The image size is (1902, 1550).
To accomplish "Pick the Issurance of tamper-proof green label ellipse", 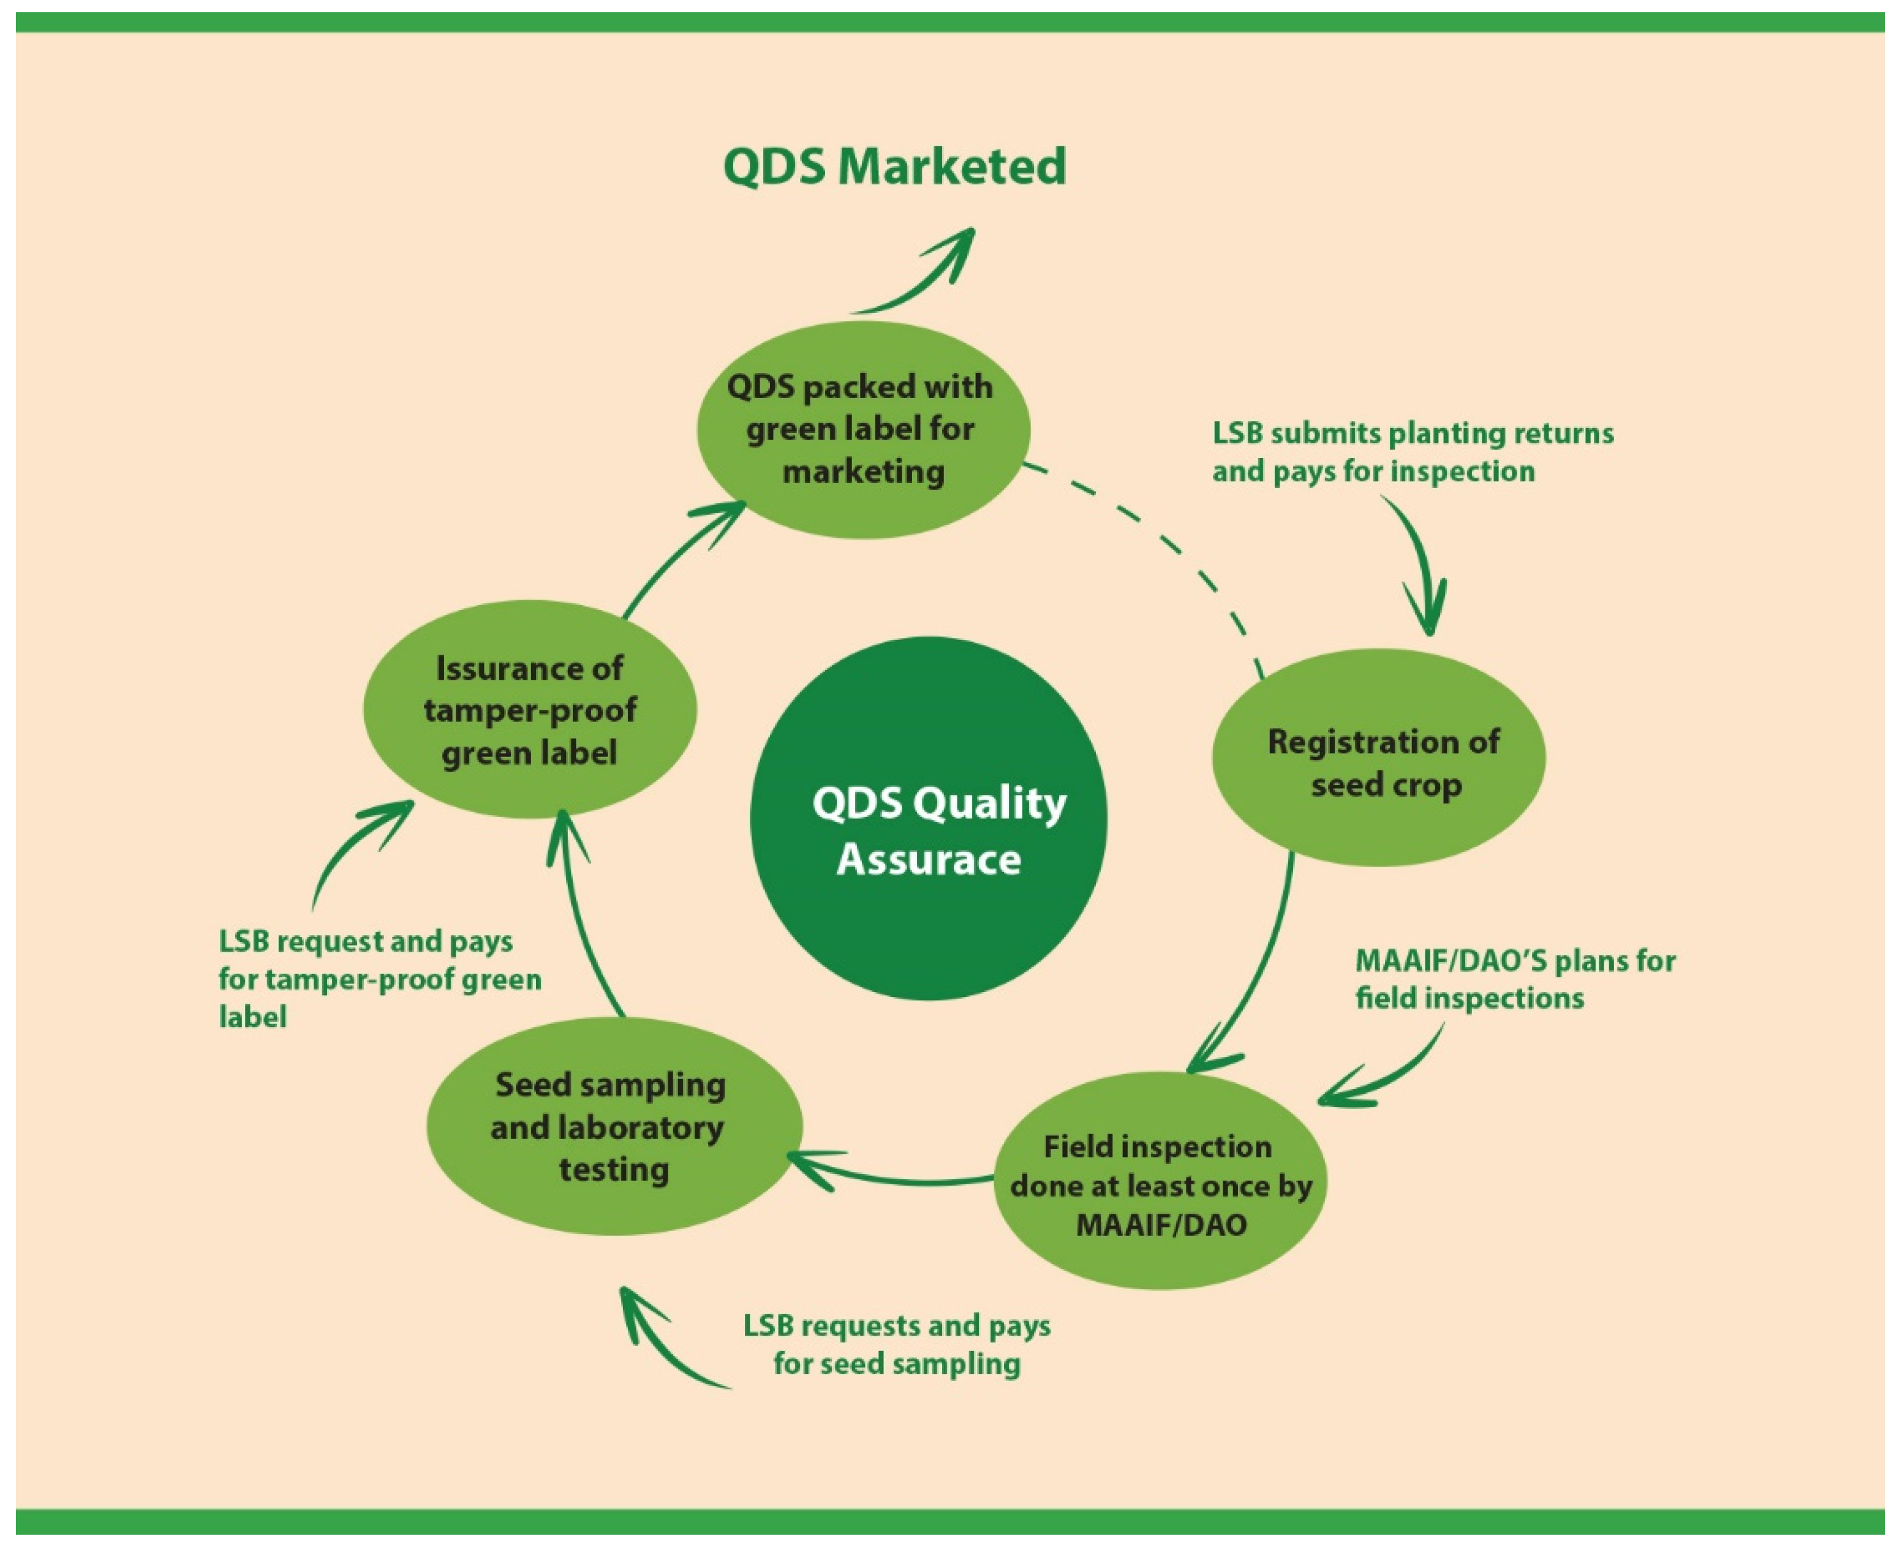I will pyautogui.click(x=529, y=710).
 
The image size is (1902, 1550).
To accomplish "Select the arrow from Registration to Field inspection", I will pyautogui.click(x=1259, y=973).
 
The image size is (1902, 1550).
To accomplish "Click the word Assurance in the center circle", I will pyautogui.click(x=928, y=860).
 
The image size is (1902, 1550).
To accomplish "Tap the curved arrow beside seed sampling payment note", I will pyautogui.click(x=661, y=1349).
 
